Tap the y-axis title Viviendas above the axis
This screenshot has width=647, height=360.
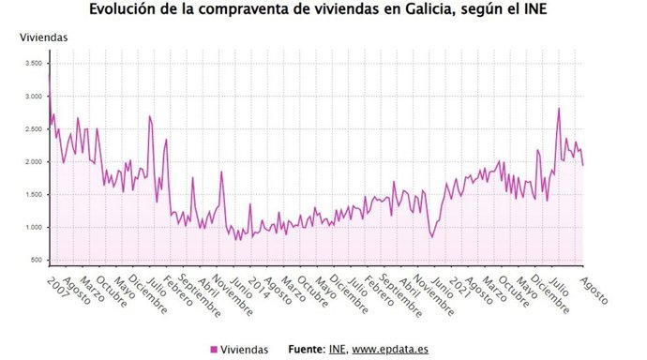tap(44, 37)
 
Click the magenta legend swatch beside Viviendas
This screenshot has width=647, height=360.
tap(214, 350)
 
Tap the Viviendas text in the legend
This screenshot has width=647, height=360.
tap(244, 350)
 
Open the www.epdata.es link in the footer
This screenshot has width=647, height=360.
tap(391, 350)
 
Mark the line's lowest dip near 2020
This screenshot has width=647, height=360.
tap(432, 236)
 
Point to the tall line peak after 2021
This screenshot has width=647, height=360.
tap(559, 108)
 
